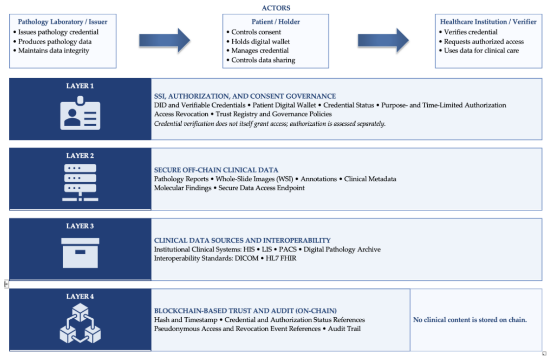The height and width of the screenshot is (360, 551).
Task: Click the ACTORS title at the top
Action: pos(276,8)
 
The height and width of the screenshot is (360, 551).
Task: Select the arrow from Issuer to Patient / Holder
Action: pos(165,41)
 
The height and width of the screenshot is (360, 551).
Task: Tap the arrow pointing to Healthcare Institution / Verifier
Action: pos(383,41)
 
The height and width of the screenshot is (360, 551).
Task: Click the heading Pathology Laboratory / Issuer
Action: pos(62,22)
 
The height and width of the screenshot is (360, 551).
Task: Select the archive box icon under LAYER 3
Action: pos(80,253)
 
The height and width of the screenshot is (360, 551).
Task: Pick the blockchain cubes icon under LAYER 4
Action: pos(80,324)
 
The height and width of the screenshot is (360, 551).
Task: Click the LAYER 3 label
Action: pos(80,226)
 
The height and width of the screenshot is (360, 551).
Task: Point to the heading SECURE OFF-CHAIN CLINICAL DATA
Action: pos(216,170)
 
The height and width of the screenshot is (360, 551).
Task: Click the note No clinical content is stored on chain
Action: pos(470,320)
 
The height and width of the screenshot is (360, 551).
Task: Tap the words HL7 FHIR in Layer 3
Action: pos(281,258)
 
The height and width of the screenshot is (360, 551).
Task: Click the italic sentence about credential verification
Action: pos(270,124)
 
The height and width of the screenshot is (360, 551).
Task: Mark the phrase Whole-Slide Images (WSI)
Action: pos(254,179)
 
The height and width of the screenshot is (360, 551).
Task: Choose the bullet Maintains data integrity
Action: pos(54,51)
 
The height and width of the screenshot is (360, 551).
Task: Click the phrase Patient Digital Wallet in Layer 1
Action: pos(284,105)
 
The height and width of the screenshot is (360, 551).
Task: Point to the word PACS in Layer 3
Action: pos(288,249)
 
